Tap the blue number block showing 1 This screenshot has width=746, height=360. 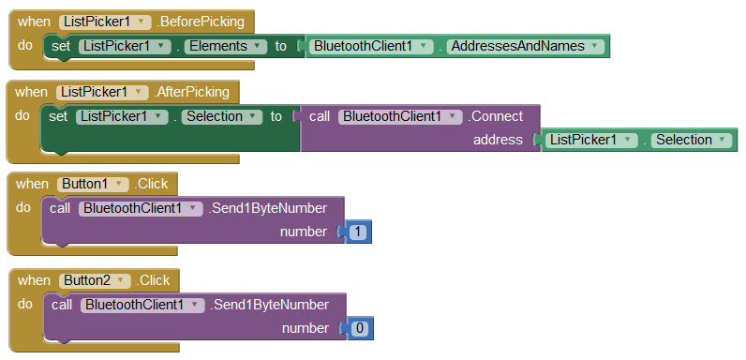[x=358, y=232]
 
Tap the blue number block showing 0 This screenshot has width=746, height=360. [x=359, y=328]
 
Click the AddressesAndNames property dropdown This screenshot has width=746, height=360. [x=523, y=45]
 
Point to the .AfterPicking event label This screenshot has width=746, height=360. [x=194, y=92]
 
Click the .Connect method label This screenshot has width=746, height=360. [x=497, y=116]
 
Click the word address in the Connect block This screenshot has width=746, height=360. [x=498, y=140]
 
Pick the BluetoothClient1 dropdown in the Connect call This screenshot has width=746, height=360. [x=401, y=116]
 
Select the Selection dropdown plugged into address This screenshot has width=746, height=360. [x=689, y=140]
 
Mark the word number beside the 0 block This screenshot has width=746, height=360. [x=306, y=328]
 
